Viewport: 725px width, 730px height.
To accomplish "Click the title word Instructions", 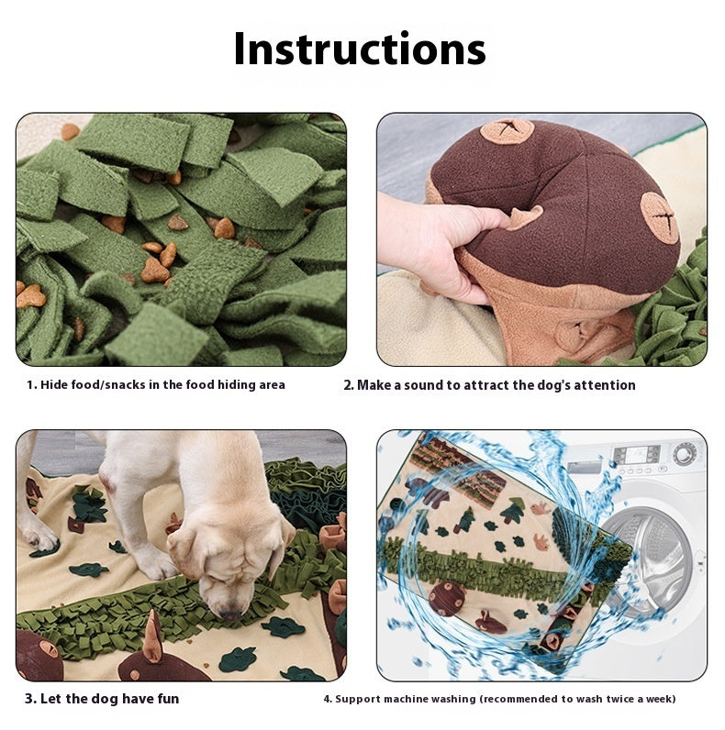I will [x=359, y=49].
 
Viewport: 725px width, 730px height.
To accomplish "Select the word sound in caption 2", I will [x=422, y=385].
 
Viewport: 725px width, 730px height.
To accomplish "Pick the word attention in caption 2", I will [x=603, y=385].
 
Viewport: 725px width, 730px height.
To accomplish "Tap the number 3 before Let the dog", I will [x=29, y=699].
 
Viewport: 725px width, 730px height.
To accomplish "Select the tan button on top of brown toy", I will [x=507, y=131].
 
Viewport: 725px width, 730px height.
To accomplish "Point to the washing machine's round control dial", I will [x=684, y=453].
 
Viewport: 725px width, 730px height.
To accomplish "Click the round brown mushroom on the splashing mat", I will [x=447, y=598].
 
